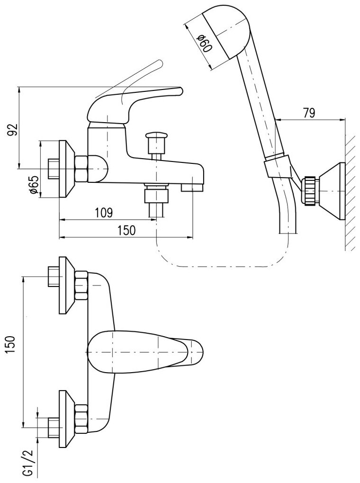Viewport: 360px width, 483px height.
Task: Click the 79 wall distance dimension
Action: coord(308,113)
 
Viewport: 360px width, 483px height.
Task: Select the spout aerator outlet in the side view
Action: coord(192,188)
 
